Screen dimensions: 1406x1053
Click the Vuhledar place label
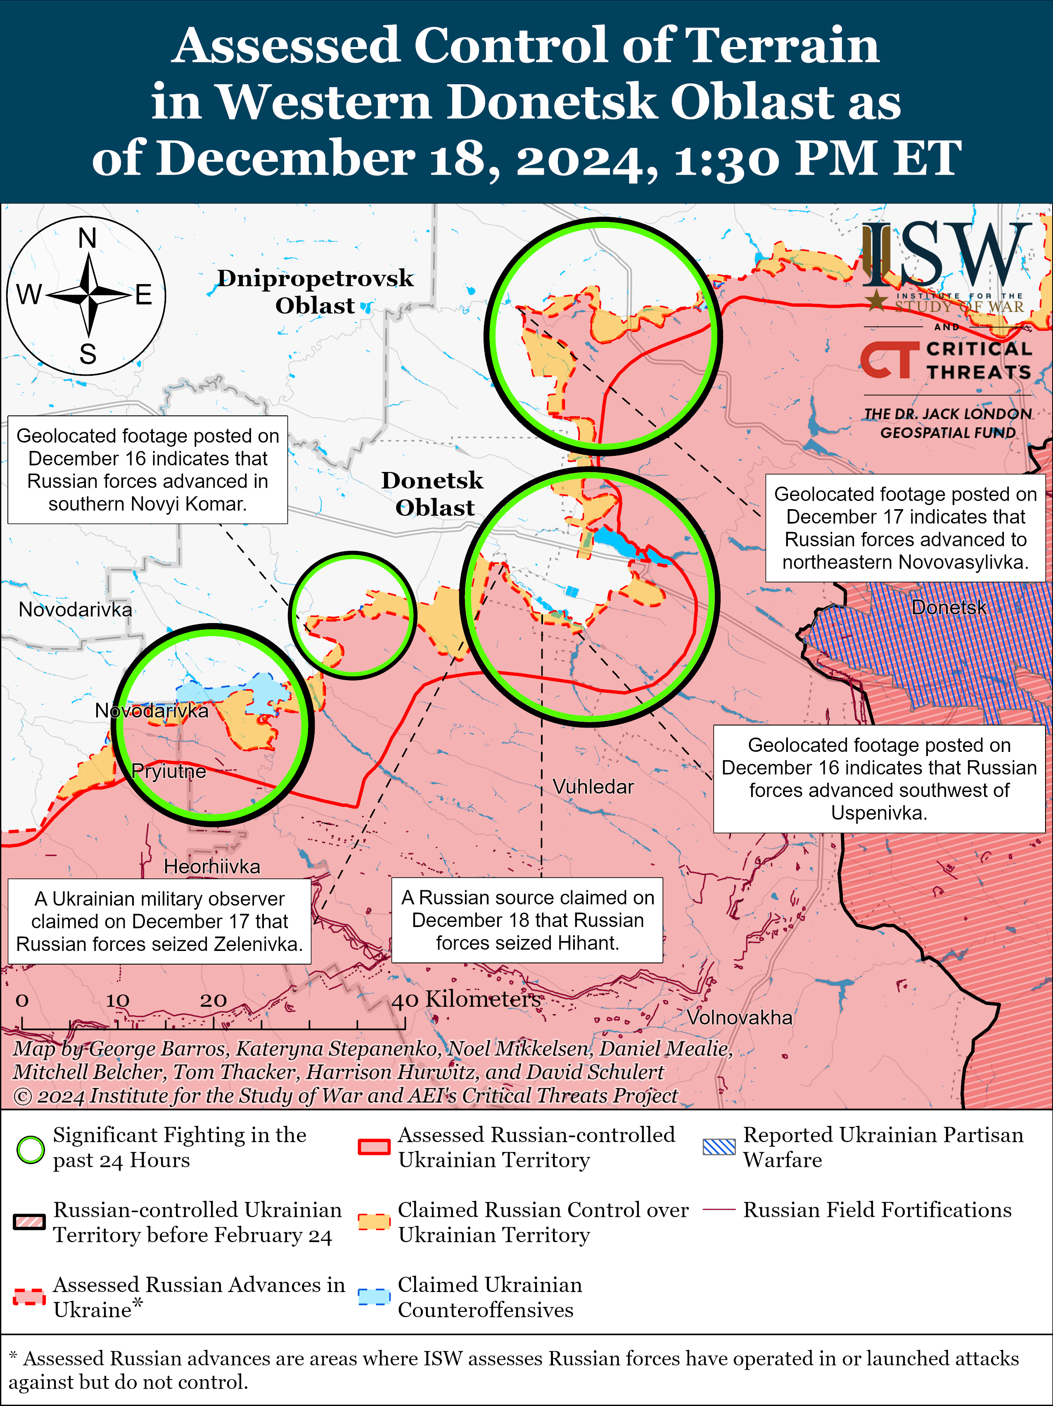click(593, 787)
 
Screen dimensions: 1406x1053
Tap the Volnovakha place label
click(739, 1017)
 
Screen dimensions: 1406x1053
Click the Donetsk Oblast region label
click(433, 494)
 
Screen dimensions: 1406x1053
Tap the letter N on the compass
click(87, 239)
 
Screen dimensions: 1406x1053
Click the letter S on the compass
click(88, 353)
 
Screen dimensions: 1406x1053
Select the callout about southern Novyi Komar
click(147, 470)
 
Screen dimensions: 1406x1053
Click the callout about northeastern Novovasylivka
click(905, 528)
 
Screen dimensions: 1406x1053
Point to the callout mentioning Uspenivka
click(879, 779)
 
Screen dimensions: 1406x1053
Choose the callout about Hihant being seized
click(527, 920)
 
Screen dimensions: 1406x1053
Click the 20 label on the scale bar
click(213, 1001)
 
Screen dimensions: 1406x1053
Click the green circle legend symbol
click(30, 1149)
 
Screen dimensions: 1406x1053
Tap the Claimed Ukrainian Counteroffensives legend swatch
click(374, 1296)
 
